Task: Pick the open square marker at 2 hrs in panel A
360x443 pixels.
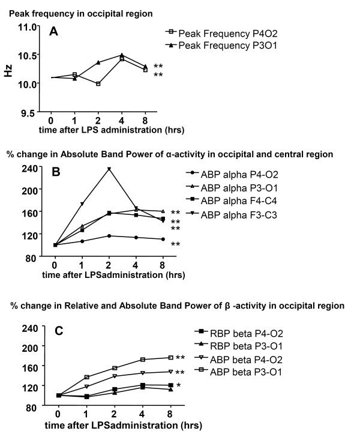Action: pyautogui.click(x=98, y=83)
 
